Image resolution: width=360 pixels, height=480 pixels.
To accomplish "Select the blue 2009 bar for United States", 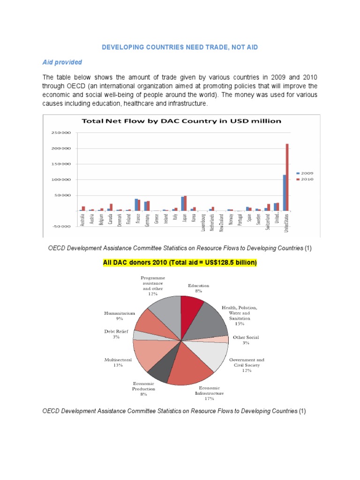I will pos(284,193).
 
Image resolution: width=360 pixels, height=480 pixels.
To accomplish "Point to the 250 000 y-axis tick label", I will pos(61,133).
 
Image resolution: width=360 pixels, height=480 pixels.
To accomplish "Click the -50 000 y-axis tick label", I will pos(61,226).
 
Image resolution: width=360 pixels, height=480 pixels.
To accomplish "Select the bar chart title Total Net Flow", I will pos(181,121).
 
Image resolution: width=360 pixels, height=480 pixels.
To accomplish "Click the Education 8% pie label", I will pos(198,288).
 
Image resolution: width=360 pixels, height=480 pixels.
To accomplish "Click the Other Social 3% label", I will pos(246,340).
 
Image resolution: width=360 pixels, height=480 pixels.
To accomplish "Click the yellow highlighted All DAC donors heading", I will pos(180,263).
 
